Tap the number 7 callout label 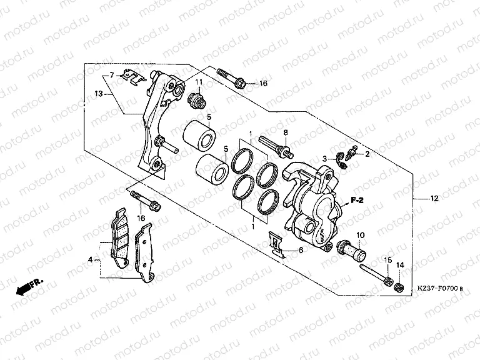coord(112,75)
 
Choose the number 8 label coord(284,132)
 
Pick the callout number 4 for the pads coord(90,259)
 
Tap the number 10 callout coord(360,235)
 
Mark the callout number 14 coord(401,266)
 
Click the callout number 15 coord(387,260)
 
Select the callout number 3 coord(326,160)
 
